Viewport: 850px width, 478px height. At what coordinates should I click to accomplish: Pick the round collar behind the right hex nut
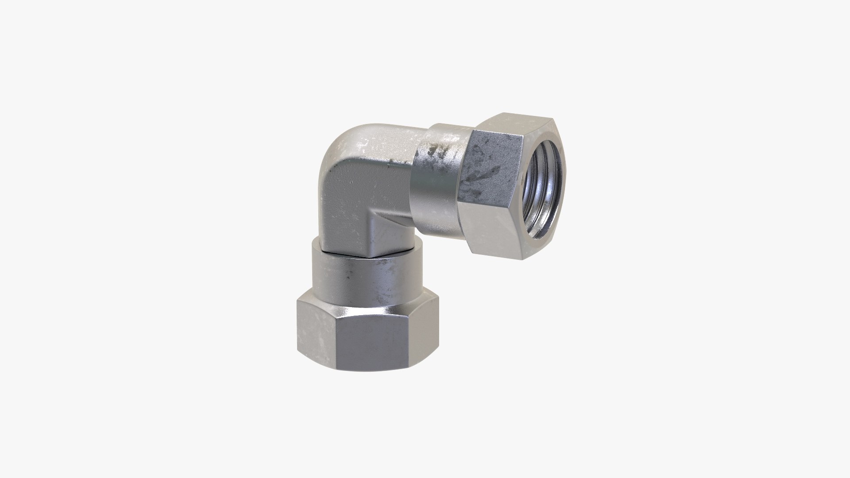(436, 177)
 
